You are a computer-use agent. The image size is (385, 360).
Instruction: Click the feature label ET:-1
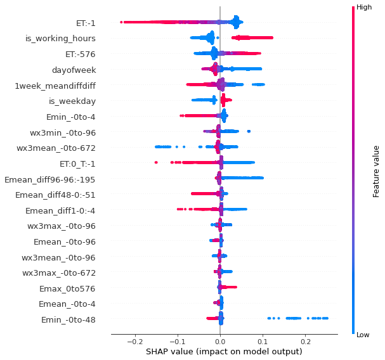(x=86, y=23)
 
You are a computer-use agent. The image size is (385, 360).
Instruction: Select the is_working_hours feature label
(x=60, y=39)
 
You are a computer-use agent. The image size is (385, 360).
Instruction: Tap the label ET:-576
(x=81, y=54)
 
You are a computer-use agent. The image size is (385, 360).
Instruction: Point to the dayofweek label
(x=74, y=70)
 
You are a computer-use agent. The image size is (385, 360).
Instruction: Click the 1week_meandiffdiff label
(x=55, y=85)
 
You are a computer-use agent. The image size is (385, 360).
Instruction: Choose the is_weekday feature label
(x=72, y=101)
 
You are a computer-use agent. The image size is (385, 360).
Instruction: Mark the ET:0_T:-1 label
(x=77, y=164)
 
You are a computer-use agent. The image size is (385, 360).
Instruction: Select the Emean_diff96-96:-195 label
(x=50, y=179)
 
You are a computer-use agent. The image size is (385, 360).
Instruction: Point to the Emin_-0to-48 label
(x=69, y=319)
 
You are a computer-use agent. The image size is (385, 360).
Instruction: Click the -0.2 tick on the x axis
(x=135, y=343)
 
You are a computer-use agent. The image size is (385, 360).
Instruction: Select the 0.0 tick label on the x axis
(x=220, y=343)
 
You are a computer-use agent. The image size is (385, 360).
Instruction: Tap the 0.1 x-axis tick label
(x=263, y=343)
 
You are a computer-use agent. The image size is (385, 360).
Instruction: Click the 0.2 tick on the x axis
(x=305, y=343)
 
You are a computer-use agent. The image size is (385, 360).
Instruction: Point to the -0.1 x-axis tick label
(x=178, y=343)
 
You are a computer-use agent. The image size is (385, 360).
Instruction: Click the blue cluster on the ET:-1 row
(x=235, y=23)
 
